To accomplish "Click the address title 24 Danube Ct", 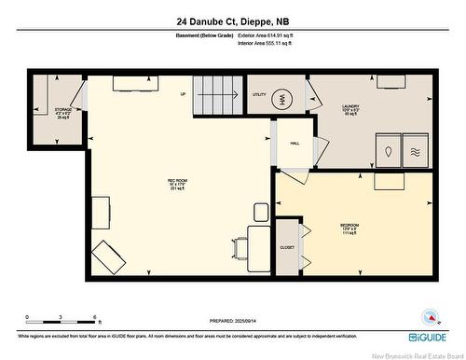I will point(233,20).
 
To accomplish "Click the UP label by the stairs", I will point(183,95).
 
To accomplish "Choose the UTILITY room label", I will point(259,95).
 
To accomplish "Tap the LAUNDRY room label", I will point(352,107).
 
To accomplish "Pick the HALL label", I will point(295,144).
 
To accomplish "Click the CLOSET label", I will point(287,247).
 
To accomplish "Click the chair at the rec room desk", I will point(241,249).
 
